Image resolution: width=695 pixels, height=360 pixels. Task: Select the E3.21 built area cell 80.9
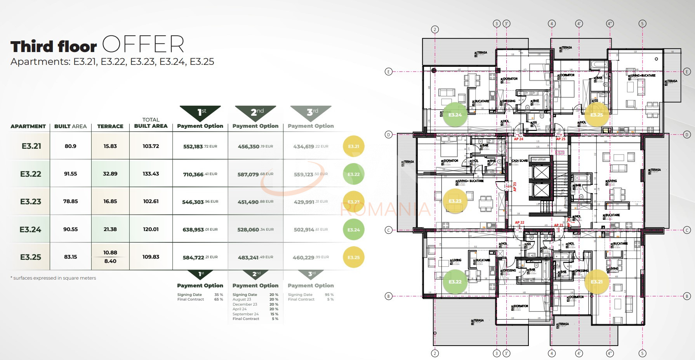(70, 146)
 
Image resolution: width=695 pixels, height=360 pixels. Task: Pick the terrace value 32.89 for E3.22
(110, 174)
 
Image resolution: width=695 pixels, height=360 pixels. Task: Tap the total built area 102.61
(151, 201)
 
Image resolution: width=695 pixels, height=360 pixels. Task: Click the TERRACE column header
(110, 126)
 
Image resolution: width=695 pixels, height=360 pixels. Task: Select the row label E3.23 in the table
(30, 202)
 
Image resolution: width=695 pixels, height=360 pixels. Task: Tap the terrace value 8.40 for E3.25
(110, 261)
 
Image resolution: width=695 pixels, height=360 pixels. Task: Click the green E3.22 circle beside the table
(353, 174)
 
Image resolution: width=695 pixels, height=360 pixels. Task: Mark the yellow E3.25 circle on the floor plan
(596, 115)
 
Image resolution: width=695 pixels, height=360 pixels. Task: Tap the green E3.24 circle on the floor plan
(455, 115)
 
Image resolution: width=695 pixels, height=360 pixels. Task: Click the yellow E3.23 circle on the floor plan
(455, 201)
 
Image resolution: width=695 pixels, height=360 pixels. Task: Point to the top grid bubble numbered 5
(642, 24)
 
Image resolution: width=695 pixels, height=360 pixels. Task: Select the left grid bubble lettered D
(388, 135)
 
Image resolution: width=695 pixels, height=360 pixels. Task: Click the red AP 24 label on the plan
(518, 139)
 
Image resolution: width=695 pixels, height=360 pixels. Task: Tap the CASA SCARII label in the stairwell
(520, 160)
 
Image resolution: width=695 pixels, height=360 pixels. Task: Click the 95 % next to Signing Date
(329, 295)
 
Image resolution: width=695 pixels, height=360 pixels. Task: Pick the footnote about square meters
(53, 278)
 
